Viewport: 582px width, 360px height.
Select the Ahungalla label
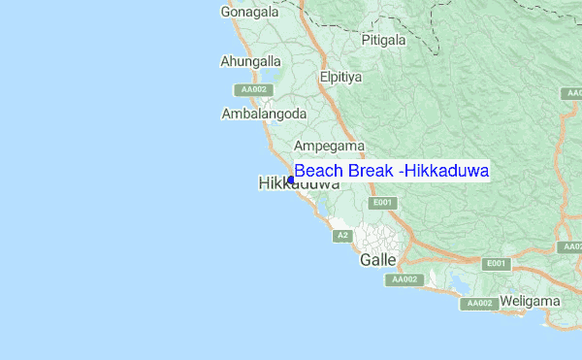249,61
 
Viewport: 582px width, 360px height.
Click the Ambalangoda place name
264,114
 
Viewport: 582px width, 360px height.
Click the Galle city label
377,260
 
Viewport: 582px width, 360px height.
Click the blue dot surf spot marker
291,180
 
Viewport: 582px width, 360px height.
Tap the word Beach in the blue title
319,171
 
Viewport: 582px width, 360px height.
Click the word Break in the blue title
371,171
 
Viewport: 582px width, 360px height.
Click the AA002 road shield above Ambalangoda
253,89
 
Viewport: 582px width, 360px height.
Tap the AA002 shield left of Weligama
479,304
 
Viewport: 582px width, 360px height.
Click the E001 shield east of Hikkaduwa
383,202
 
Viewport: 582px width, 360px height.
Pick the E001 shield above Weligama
497,264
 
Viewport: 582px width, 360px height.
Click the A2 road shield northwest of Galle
342,236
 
